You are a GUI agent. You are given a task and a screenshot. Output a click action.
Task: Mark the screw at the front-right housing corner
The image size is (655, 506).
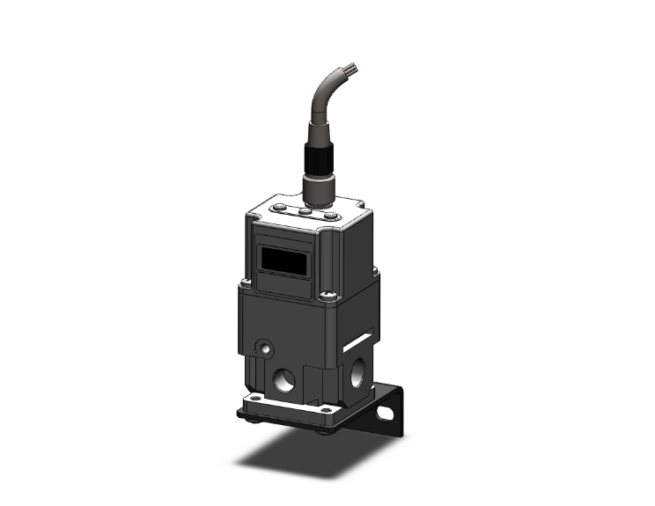[x=327, y=297]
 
